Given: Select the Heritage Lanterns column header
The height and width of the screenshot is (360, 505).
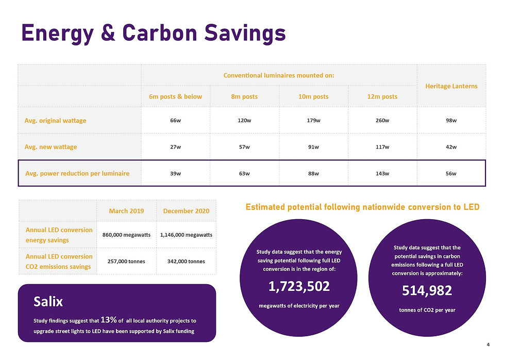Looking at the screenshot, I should coord(451,86).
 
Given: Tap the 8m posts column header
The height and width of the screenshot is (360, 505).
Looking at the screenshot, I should coord(244,96).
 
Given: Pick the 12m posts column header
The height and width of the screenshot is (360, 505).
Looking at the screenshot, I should coord(382,96).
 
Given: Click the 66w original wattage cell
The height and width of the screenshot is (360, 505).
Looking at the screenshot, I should coord(176,121).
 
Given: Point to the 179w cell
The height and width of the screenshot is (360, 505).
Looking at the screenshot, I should coord(313,121).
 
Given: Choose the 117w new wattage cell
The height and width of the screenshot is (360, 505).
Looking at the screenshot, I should coord(382,147).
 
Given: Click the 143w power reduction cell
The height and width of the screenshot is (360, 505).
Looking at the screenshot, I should coord(382,173).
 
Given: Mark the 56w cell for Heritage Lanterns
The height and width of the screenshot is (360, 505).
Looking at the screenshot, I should coord(451,173).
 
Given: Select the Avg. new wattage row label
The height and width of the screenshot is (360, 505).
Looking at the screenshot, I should coord(50,147).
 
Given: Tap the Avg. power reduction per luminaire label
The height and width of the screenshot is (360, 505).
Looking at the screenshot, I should coord(77,173).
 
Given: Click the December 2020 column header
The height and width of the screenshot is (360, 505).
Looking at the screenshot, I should coord(187,211).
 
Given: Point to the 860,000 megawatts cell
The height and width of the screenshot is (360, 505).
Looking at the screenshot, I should coord(126,235).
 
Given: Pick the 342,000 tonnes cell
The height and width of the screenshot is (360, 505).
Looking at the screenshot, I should coord(187,261).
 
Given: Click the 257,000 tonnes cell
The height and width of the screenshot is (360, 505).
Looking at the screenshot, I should coord(126,261).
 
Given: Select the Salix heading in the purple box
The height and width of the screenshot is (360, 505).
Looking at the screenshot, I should coord(48,301).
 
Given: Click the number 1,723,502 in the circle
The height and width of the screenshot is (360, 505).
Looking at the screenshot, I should coord(299,287).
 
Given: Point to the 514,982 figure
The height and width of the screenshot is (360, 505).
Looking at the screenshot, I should coord(427,291).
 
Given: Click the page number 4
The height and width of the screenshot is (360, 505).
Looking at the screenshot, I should coord(487,345).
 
